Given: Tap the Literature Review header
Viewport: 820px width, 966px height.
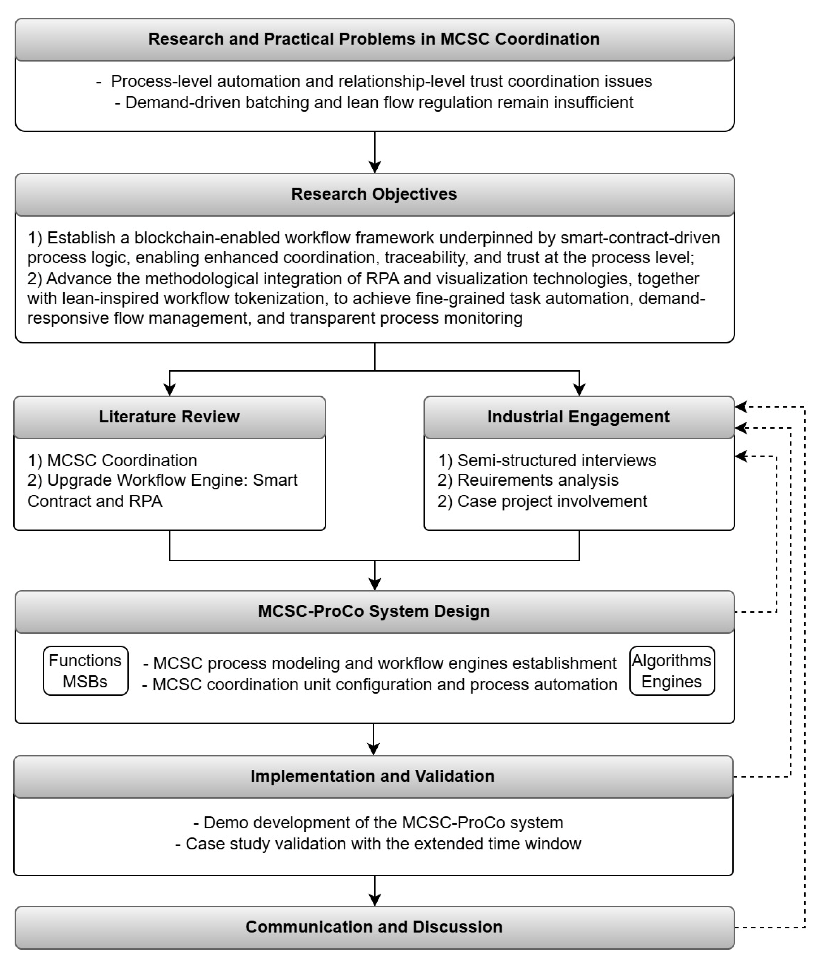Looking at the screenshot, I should pyautogui.click(x=169, y=417).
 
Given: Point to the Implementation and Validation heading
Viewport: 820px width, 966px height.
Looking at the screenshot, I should pyautogui.click(x=372, y=776).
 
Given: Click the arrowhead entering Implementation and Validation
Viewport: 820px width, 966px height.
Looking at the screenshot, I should pyautogui.click(x=373, y=749).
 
